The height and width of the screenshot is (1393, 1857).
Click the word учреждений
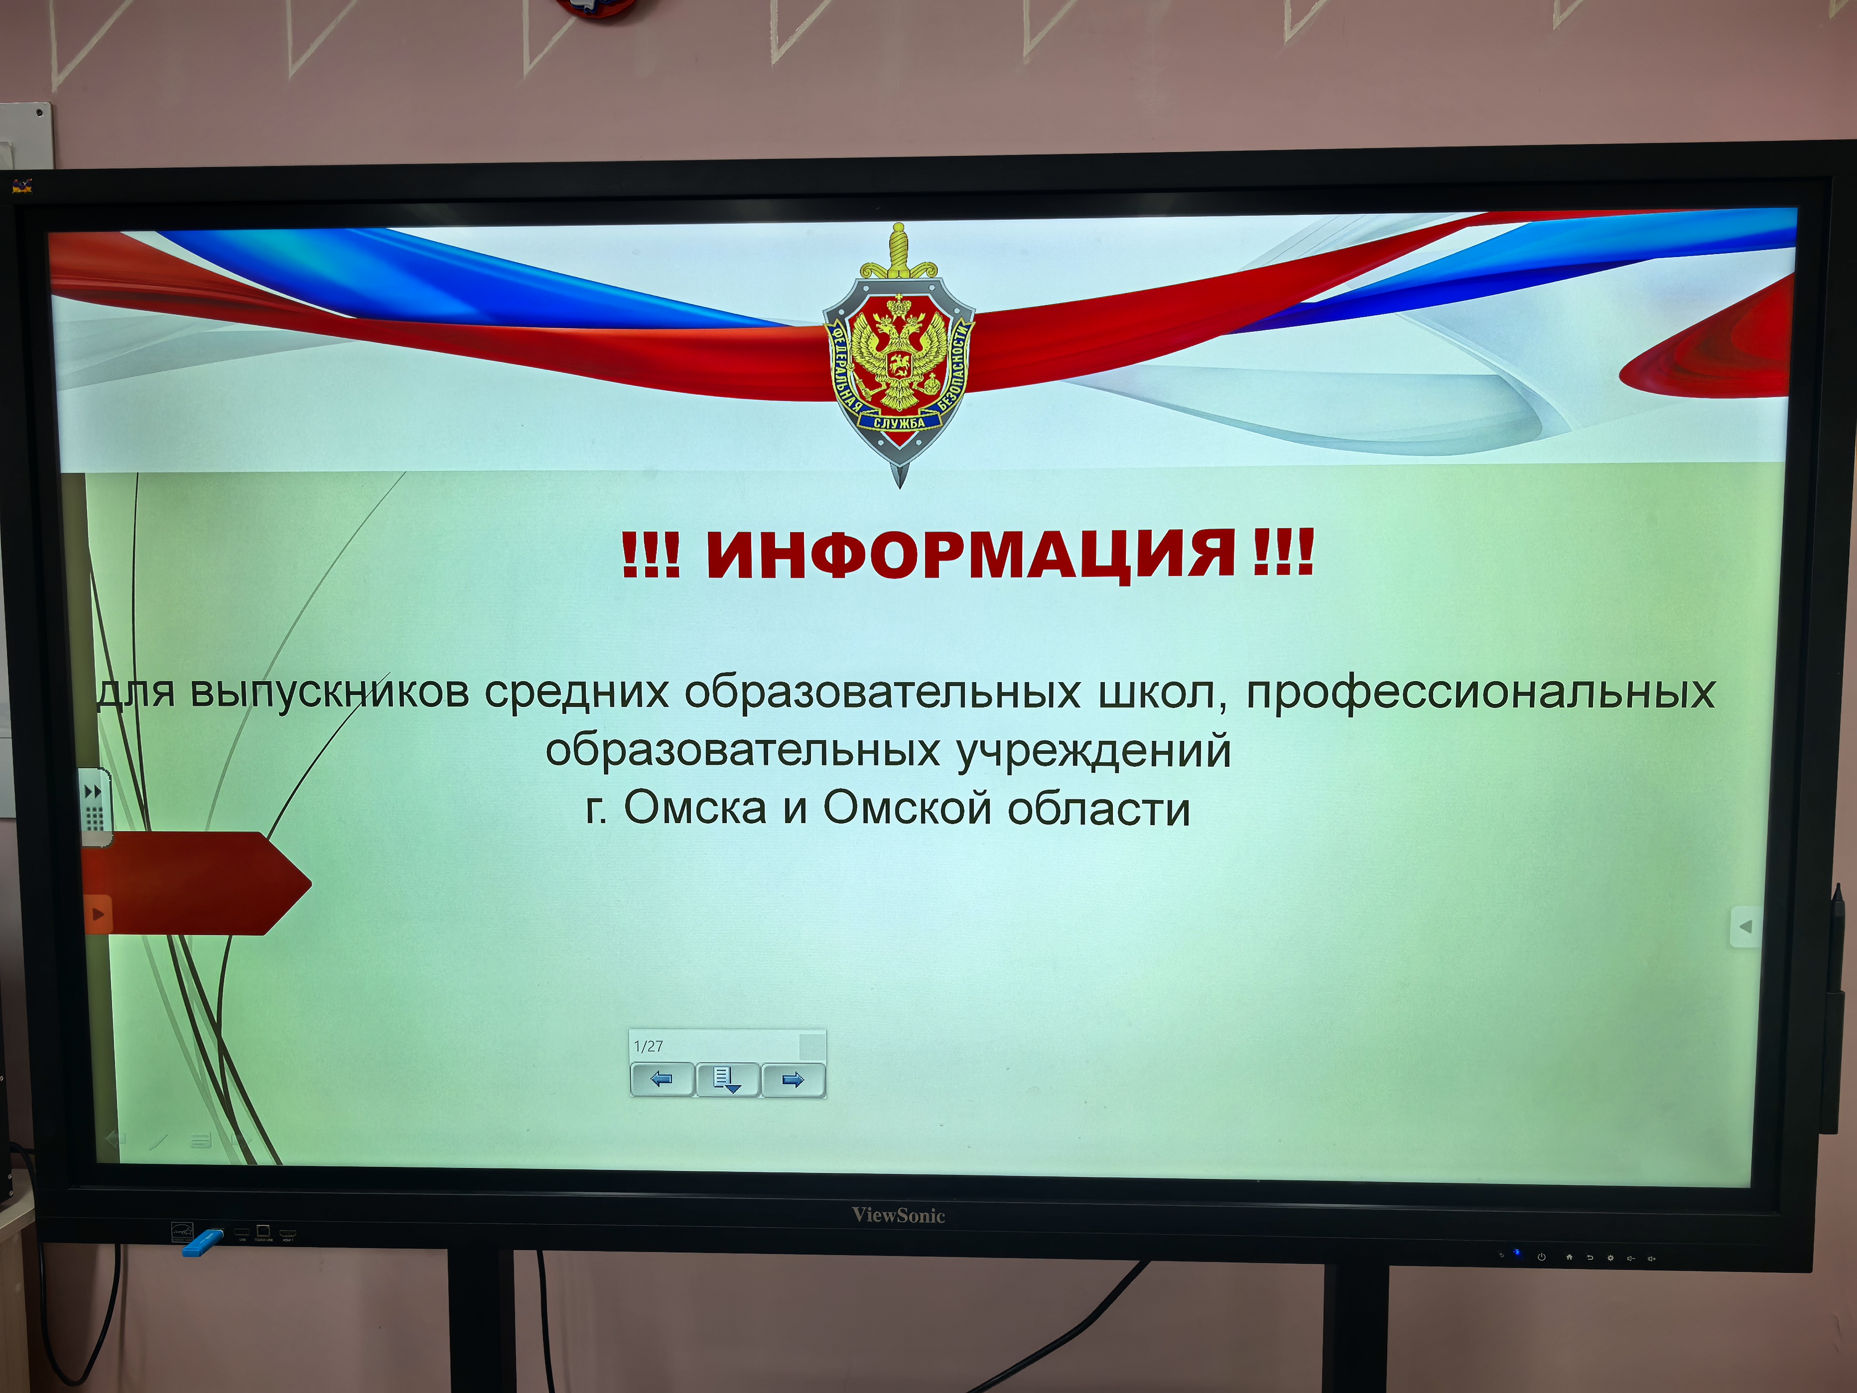pos(1094,750)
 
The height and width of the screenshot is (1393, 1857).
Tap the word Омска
pos(695,808)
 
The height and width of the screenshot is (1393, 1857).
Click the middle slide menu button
pos(727,1079)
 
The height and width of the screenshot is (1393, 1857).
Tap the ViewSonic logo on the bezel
pos(898,1215)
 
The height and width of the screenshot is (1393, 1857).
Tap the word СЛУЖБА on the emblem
pos(899,422)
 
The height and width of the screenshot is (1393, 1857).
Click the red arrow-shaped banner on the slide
pos(197,883)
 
